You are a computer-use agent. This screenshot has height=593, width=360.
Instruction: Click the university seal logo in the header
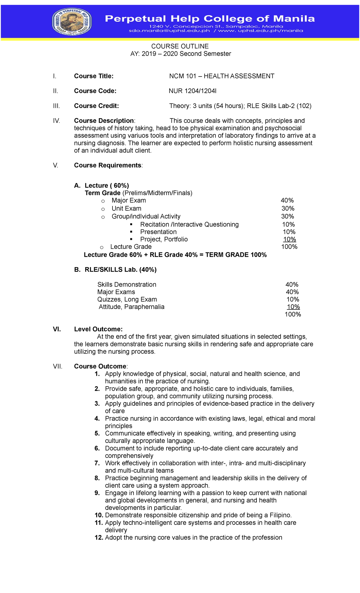[72, 22]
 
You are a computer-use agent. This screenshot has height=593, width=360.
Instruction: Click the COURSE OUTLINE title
[180, 46]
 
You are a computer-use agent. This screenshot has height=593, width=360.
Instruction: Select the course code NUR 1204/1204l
[192, 91]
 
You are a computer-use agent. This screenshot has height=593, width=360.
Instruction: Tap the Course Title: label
[94, 76]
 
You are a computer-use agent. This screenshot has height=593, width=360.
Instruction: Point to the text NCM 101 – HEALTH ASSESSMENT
[221, 76]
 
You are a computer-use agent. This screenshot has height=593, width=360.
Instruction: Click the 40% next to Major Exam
[287, 200]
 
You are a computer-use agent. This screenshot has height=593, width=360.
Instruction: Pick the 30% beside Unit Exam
[288, 209]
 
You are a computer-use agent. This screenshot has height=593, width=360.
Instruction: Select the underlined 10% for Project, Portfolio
[289, 239]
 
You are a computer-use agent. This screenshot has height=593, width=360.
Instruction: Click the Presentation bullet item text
[158, 232]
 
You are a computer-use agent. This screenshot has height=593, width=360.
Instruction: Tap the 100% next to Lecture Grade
[289, 247]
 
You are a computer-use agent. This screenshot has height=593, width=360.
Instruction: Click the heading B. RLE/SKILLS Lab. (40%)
[115, 270]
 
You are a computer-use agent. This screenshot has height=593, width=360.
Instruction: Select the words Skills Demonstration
[127, 284]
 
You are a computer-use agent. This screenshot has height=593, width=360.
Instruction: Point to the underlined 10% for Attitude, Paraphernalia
[293, 307]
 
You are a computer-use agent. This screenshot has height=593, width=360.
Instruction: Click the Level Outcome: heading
[98, 329]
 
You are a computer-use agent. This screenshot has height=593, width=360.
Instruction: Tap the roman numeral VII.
[58, 366]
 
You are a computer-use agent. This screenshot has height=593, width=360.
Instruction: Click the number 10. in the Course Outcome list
[99, 515]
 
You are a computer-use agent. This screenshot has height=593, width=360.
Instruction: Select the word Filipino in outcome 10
[280, 515]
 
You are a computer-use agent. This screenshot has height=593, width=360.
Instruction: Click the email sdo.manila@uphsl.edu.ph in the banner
[169, 31]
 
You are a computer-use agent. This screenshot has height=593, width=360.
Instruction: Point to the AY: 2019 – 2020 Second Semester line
[181, 54]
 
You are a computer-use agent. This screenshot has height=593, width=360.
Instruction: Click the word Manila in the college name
[294, 19]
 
